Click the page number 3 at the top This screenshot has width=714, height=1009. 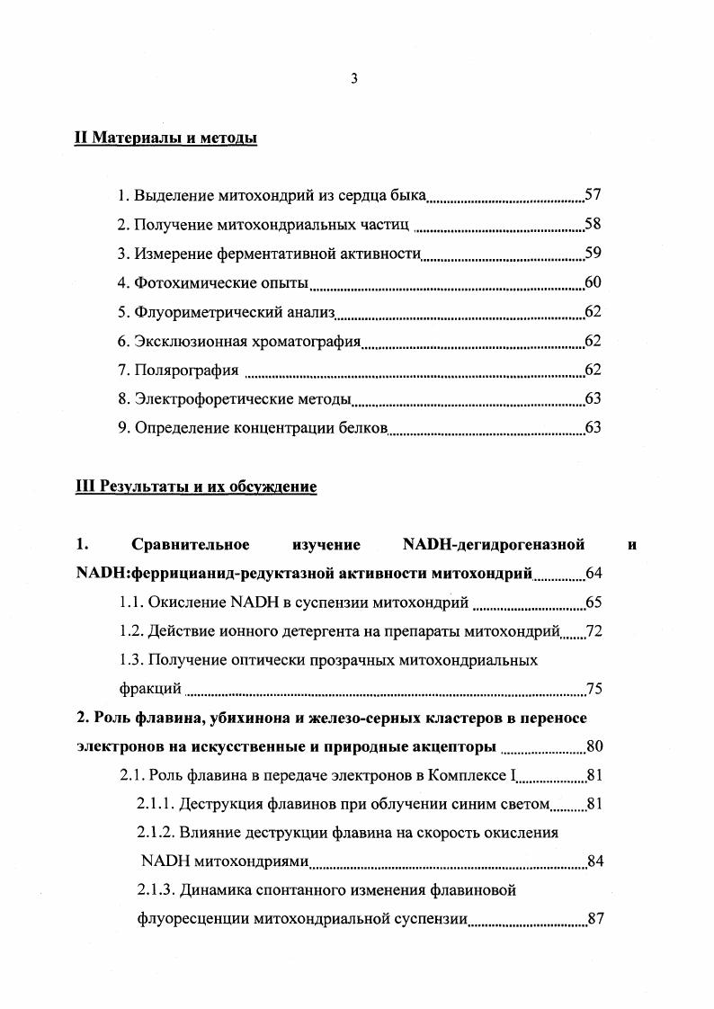click(354, 79)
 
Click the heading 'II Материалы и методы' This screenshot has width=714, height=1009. click(165, 138)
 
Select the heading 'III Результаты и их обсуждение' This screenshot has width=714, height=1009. click(195, 487)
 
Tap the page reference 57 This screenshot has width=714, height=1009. click(593, 194)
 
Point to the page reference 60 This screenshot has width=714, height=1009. click(593, 282)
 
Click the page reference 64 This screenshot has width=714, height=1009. click(594, 574)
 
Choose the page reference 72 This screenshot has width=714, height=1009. click(594, 631)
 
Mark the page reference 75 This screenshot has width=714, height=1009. click(594, 690)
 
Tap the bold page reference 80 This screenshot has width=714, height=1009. click(594, 747)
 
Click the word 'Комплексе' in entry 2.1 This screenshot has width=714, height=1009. click(468, 776)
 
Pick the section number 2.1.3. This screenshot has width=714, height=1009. click(155, 891)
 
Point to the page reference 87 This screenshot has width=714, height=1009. click(594, 920)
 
